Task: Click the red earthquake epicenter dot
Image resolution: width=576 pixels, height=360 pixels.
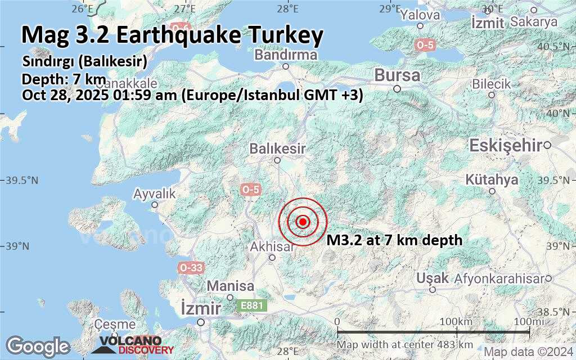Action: [303, 222]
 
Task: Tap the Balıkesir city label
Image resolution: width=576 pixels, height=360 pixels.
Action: [278, 149]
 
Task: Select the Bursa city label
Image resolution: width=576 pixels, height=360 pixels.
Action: [397, 75]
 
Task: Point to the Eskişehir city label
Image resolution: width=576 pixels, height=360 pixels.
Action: [506, 146]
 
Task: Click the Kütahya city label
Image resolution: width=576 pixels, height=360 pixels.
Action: [492, 180]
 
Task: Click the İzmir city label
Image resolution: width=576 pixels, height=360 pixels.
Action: [200, 309]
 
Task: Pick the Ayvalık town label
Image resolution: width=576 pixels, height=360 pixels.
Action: [154, 194]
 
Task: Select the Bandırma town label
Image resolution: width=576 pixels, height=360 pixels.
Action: [286, 55]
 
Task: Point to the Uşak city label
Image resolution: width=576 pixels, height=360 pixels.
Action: [433, 278]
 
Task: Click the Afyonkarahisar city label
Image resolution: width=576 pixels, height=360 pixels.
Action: [498, 278]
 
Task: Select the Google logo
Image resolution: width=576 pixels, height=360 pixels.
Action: [37, 345]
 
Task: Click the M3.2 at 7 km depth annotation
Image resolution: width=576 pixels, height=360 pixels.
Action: [394, 240]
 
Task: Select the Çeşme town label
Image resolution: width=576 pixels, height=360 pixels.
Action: [115, 325]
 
